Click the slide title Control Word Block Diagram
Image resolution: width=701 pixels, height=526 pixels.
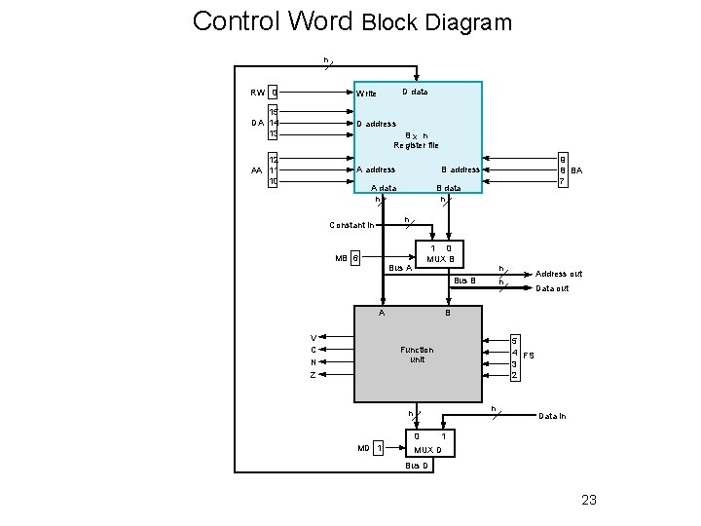[351, 21]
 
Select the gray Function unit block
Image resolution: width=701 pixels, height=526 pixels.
[418, 355]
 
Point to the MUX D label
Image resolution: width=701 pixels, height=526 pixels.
[428, 450]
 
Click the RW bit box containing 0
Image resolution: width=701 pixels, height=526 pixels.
[275, 94]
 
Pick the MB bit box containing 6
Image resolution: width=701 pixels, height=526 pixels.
[355, 258]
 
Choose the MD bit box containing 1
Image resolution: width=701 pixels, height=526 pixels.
[379, 449]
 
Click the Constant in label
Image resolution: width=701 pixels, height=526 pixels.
[350, 226]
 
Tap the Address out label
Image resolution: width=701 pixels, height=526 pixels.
[559, 274]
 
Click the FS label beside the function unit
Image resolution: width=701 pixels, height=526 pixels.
[529, 357]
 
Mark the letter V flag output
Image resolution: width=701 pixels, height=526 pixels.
[313, 338]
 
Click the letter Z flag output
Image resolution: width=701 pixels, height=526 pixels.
[313, 375]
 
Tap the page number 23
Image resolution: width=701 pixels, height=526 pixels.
[588, 501]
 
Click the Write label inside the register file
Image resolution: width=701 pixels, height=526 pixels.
[366, 94]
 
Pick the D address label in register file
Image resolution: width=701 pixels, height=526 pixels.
[376, 124]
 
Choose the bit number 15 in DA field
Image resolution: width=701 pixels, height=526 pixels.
[275, 112]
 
